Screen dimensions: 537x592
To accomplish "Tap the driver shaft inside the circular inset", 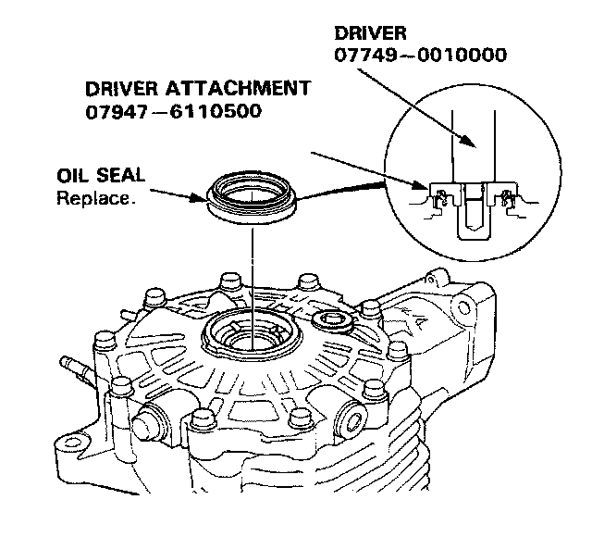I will pos(475,148).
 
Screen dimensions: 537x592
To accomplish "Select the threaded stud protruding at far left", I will pos(77,365).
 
